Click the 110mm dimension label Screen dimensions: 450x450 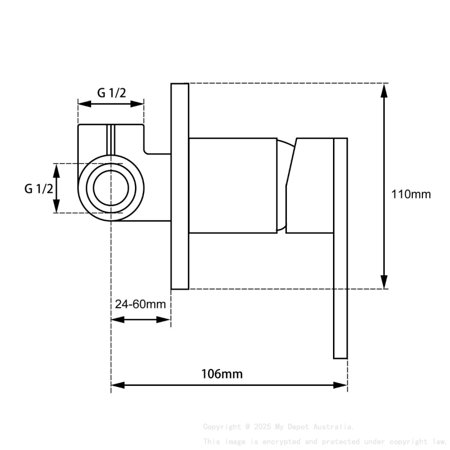(411, 194)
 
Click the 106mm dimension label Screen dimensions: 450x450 (222, 374)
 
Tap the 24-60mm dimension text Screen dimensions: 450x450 (140, 304)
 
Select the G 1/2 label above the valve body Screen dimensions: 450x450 (111, 93)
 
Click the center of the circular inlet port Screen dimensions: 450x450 (111, 188)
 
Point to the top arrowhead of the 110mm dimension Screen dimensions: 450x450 (384, 91)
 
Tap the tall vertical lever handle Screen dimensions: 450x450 (340, 249)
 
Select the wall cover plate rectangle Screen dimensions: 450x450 (179, 186)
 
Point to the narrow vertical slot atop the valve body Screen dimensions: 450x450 (111, 140)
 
